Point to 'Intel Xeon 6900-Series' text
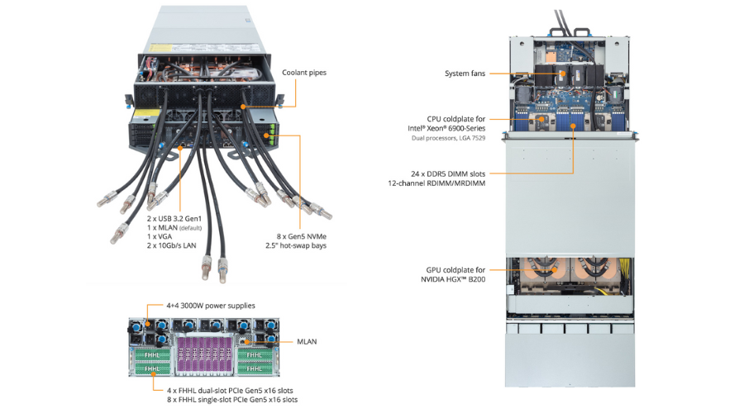coord(446,128)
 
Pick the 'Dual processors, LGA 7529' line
coord(448,138)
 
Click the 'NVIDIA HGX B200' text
coord(454,279)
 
